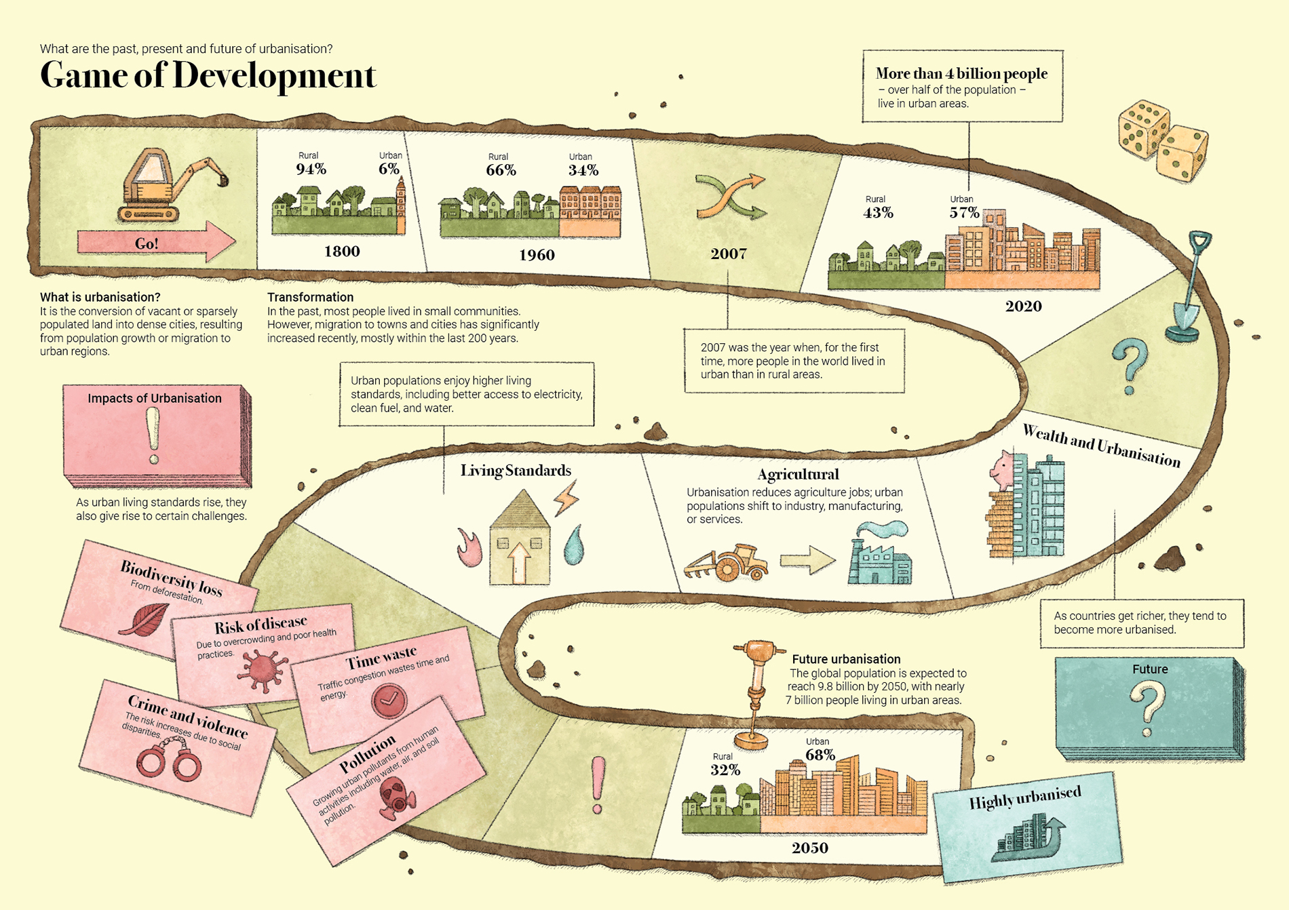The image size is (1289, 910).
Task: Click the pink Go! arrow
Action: pyautogui.click(x=156, y=242)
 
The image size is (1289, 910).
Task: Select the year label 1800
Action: pyautogui.click(x=342, y=252)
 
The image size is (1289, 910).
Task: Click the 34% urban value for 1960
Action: pyautogui.click(x=583, y=170)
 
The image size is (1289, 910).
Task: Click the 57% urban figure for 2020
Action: pyautogui.click(x=964, y=213)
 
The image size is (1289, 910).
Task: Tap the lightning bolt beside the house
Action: pyautogui.click(x=566, y=497)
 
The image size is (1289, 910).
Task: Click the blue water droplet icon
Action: pyautogui.click(x=574, y=545)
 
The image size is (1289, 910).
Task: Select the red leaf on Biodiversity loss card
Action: pyautogui.click(x=144, y=618)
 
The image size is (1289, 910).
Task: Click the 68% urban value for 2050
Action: pyautogui.click(x=820, y=755)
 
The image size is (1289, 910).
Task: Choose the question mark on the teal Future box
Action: pyautogui.click(x=1147, y=709)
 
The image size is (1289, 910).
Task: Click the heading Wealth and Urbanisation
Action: pyautogui.click(x=1101, y=446)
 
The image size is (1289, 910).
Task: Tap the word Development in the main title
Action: pyautogui.click(x=274, y=76)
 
